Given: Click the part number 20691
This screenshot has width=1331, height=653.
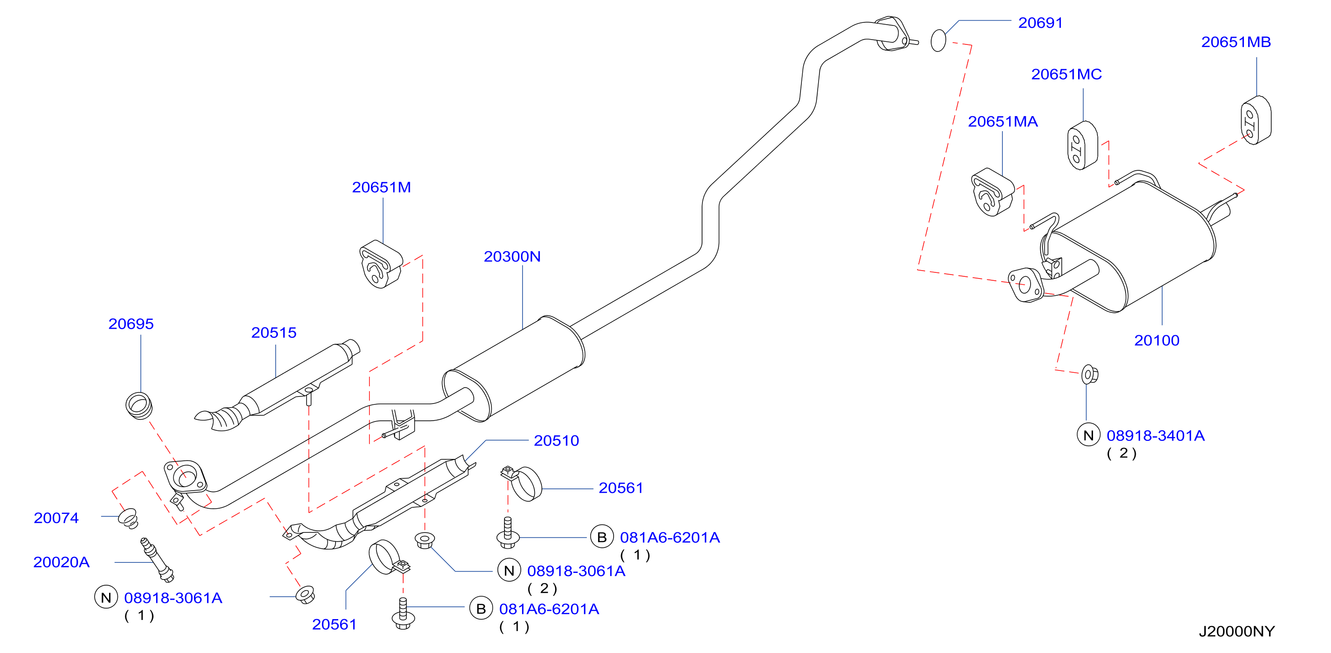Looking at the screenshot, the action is [1040, 23].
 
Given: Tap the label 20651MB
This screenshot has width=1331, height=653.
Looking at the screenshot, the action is [1236, 42].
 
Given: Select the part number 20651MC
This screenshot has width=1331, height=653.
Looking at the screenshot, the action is [1067, 74].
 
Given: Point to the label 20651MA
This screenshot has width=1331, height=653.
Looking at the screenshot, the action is [1002, 121].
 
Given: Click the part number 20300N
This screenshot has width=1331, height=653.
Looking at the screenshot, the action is [512, 257].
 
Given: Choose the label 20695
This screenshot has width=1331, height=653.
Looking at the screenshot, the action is [131, 324].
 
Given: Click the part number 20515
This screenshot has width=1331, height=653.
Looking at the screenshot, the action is [274, 333].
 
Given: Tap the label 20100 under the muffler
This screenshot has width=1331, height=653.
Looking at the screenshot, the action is [1156, 340].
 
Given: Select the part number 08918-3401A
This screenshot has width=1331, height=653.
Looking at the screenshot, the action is [1155, 435].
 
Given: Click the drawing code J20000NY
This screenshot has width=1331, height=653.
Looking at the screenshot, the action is [1236, 631].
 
